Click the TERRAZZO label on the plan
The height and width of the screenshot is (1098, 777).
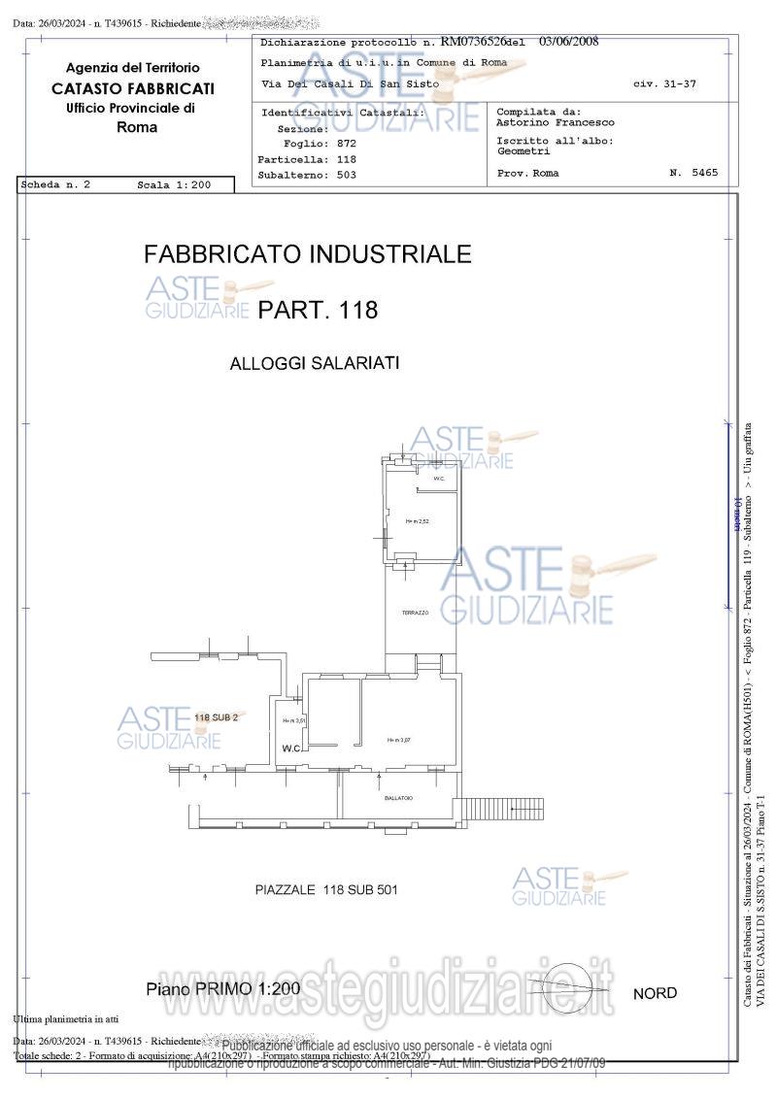point(415,613)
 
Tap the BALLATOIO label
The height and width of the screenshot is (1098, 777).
point(398,798)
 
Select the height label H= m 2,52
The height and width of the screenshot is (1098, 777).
point(418,521)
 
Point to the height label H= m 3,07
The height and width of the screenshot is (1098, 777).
point(399,740)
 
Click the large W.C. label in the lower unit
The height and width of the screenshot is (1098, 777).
point(292,749)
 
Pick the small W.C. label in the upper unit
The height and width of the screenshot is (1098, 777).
point(439,479)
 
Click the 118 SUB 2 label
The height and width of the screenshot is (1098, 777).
point(216,717)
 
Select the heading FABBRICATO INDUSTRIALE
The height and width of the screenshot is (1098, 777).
point(307,254)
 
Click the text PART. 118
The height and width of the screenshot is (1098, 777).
point(318,311)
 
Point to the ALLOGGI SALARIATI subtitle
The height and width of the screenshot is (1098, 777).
point(315,364)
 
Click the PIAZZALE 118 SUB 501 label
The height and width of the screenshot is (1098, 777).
point(325,889)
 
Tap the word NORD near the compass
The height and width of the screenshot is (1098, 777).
point(655,993)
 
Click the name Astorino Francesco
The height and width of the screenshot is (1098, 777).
point(555,123)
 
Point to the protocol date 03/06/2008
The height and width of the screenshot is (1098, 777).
point(568,42)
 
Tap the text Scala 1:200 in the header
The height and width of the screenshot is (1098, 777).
point(172,184)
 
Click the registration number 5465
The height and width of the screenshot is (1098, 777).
point(706,173)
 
